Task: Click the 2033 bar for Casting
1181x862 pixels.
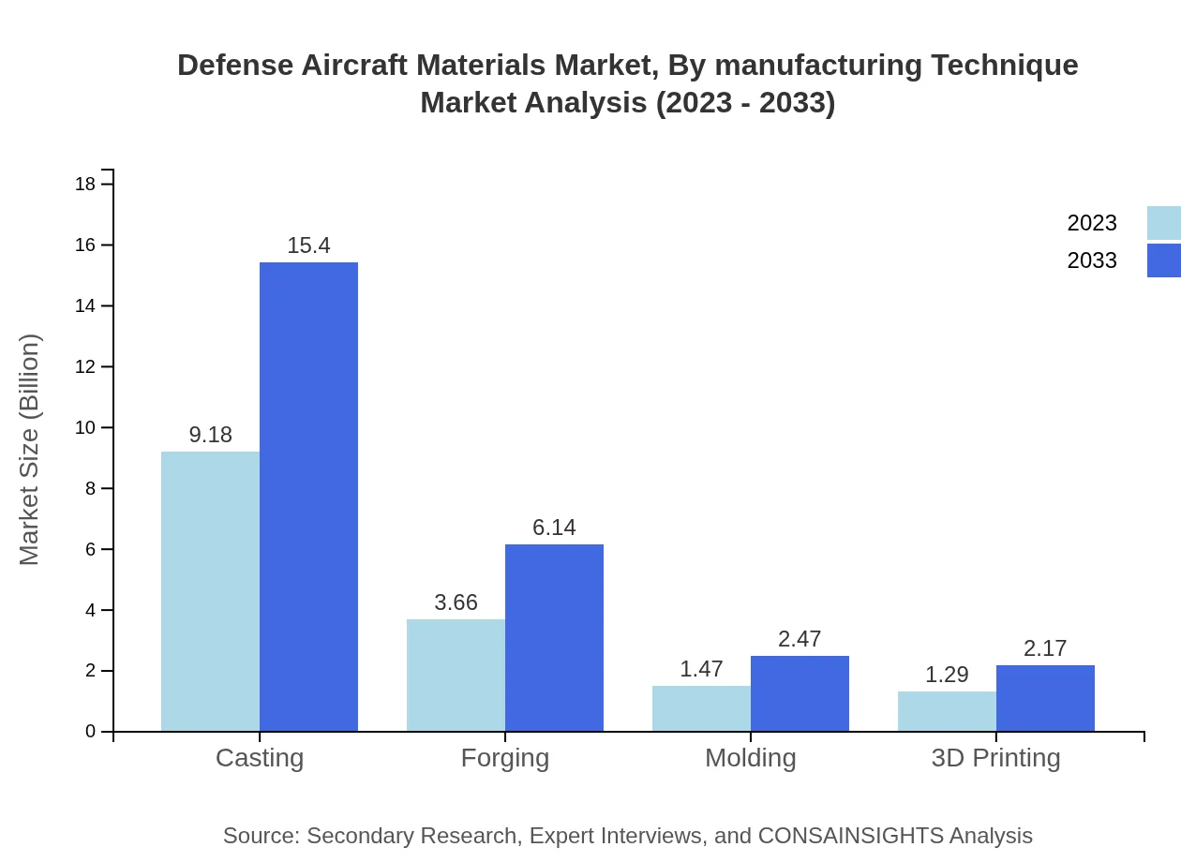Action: (308, 497)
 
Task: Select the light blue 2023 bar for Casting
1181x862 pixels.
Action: (210, 591)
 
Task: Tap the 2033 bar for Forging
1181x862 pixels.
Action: (554, 637)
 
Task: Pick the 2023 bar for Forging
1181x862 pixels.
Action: (456, 675)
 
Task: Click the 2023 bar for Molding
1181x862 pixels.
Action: (701, 708)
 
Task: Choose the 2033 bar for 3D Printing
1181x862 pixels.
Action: (1045, 698)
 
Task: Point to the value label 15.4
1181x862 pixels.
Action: (308, 245)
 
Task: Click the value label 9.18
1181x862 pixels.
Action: (210, 435)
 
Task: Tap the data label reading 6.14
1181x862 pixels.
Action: (554, 528)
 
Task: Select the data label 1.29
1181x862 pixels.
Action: (947, 675)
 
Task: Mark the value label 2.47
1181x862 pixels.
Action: (800, 639)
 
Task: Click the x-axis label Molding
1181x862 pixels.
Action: (750, 757)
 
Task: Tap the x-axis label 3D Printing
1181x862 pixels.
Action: (995, 757)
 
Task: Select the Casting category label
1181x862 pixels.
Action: (260, 757)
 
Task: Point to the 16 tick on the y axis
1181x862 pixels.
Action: (85, 245)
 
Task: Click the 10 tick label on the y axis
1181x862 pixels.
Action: (85, 428)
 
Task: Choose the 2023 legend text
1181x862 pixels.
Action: (1092, 223)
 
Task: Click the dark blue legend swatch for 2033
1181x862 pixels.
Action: (1163, 260)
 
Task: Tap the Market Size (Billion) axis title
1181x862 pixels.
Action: (30, 450)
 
